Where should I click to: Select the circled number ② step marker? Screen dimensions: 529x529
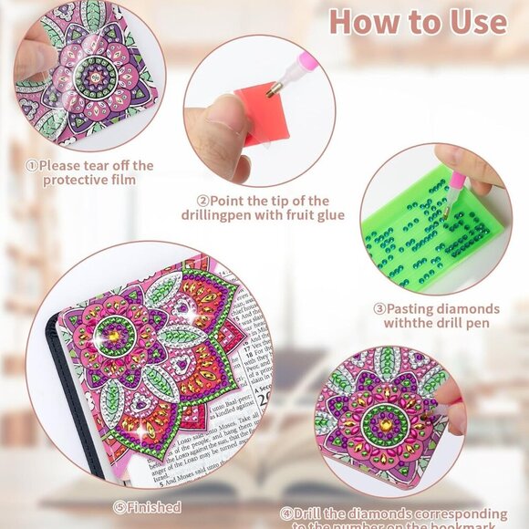(203, 201)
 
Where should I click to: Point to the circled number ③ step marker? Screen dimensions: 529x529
(378, 308)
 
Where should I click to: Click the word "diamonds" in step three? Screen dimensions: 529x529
(471, 308)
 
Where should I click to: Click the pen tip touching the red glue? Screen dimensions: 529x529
(270, 88)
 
